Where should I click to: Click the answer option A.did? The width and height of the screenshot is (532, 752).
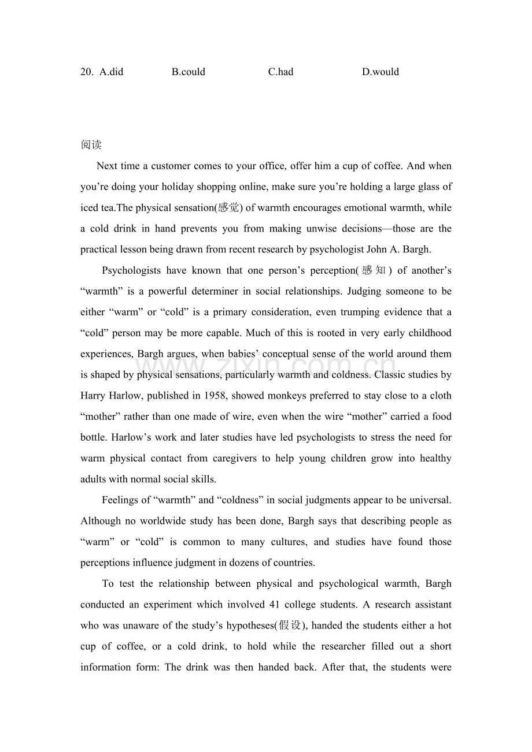111,72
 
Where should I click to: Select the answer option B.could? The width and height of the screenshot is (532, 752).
189,72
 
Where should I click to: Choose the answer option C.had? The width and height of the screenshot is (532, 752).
280,72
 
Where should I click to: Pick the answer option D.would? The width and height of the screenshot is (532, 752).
380,72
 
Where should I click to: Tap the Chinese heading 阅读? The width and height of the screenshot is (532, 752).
91,145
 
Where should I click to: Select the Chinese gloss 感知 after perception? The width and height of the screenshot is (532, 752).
375,270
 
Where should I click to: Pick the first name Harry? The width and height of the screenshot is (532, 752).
93,396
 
